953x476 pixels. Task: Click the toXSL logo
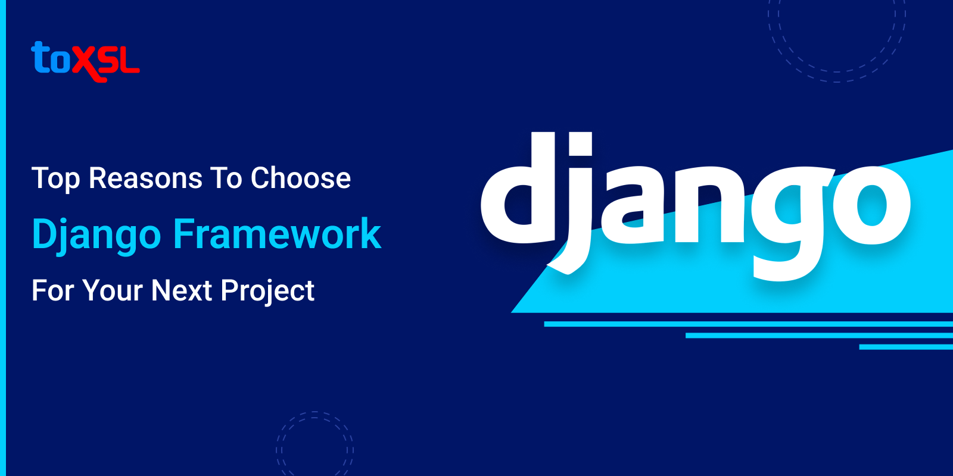85,61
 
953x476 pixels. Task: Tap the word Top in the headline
55,178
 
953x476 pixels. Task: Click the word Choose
301,178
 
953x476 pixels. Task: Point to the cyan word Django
96,234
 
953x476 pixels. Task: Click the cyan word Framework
277,233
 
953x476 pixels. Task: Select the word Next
182,291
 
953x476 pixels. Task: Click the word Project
267,292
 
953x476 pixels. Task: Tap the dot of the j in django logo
580,143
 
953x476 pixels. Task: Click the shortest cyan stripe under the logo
905,347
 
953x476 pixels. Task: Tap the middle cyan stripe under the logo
819,336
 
